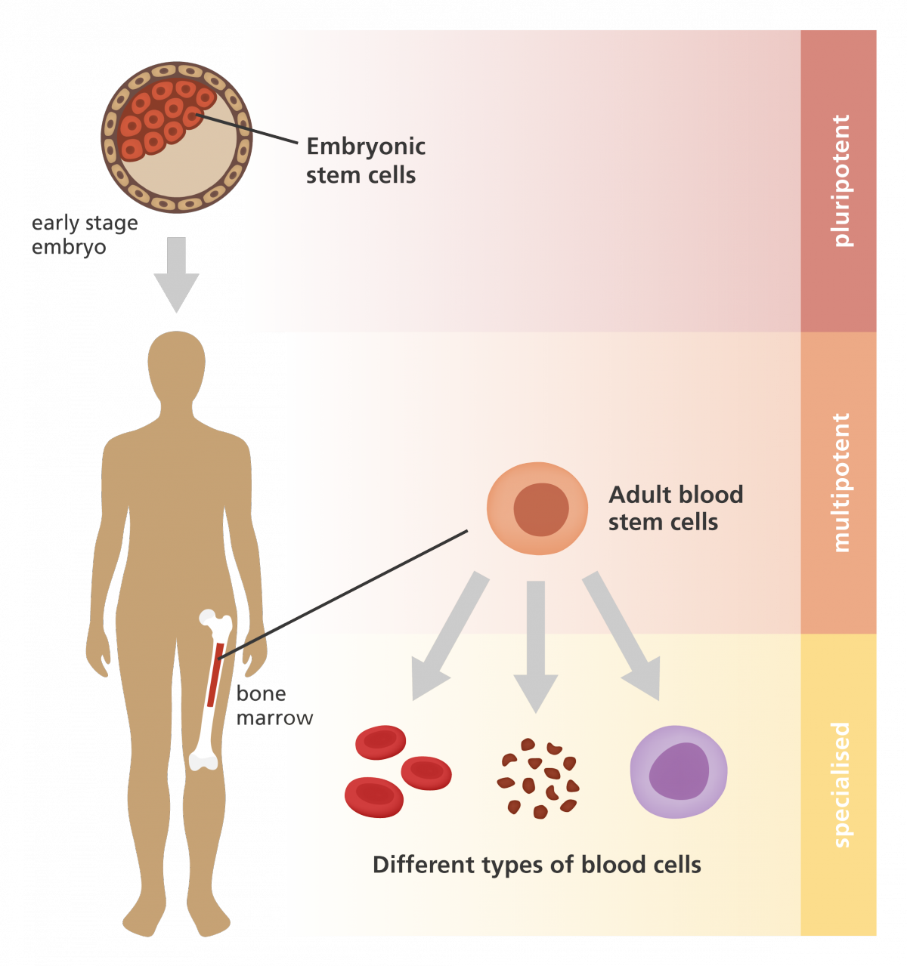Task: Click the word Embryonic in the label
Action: tap(366, 147)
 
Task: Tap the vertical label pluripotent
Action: tap(840, 181)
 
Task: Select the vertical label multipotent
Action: tap(840, 483)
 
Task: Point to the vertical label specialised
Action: tap(840, 785)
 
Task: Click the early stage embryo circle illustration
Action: tap(177, 137)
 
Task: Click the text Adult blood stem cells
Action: tap(675, 508)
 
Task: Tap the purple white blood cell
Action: tap(679, 772)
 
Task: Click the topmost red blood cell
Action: tap(380, 742)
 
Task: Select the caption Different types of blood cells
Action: tap(537, 865)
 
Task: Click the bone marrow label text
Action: tap(274, 705)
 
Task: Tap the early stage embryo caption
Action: tap(84, 235)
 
